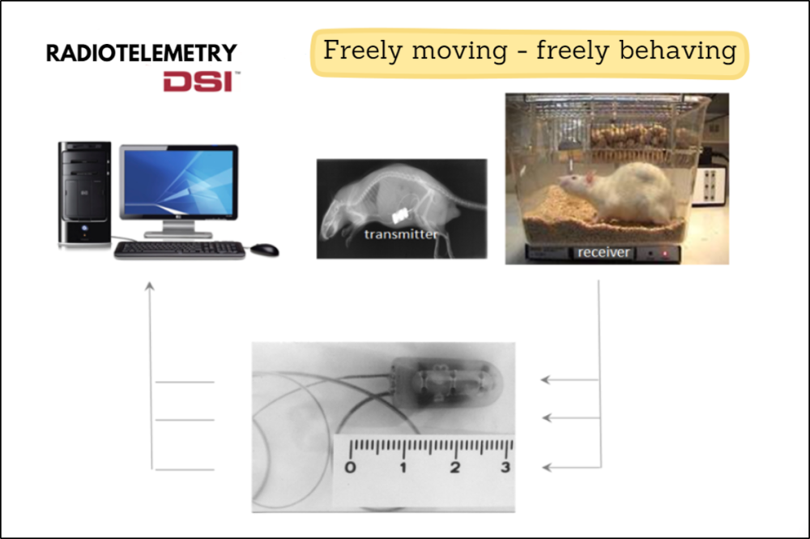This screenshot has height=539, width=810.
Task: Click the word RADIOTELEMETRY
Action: pyautogui.click(x=142, y=53)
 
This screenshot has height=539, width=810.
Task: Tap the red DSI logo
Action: pyautogui.click(x=199, y=82)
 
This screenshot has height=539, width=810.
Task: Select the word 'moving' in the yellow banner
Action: pyautogui.click(x=460, y=51)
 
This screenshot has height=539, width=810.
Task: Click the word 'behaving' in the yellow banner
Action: pyautogui.click(x=677, y=51)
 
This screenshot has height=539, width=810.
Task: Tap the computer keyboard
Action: pyautogui.click(x=179, y=250)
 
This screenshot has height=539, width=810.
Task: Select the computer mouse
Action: pyautogui.click(x=265, y=250)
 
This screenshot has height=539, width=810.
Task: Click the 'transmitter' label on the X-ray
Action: pyautogui.click(x=401, y=234)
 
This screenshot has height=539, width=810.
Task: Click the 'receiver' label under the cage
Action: pyautogui.click(x=603, y=253)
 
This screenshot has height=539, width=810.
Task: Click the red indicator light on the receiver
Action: pyautogui.click(x=665, y=254)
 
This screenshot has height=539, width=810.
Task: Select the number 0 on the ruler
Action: pyautogui.click(x=350, y=468)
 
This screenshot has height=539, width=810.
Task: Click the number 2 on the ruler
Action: pyautogui.click(x=454, y=468)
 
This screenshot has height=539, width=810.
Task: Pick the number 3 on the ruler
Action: pyautogui.click(x=505, y=468)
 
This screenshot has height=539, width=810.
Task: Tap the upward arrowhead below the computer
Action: pyautogui.click(x=150, y=286)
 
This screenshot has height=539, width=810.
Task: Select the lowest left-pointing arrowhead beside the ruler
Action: pyautogui.click(x=546, y=468)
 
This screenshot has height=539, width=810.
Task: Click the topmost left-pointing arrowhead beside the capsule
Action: pyautogui.click(x=545, y=380)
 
